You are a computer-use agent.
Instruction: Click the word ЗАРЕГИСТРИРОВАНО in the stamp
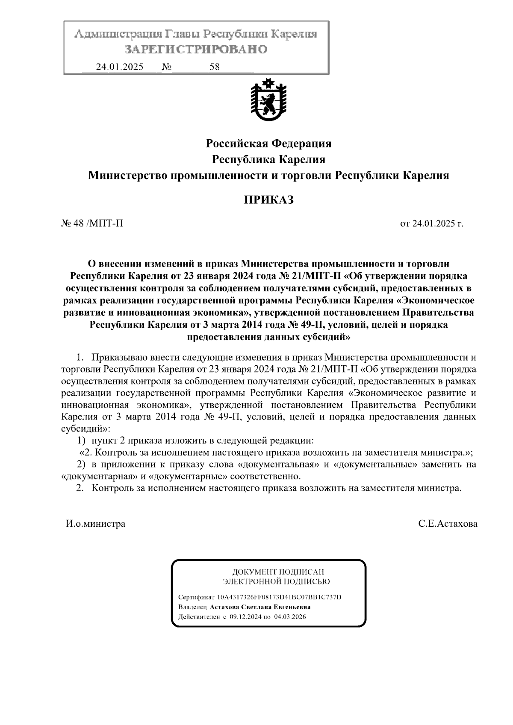(196, 50)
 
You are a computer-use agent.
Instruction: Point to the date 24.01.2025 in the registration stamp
(120, 67)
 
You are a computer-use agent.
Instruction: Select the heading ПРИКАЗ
(268, 200)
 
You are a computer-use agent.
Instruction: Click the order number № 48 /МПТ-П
(92, 223)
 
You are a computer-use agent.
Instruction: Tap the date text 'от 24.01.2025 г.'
(432, 223)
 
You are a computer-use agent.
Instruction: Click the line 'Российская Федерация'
(268, 143)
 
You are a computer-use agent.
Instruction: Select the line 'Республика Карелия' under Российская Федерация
(268, 159)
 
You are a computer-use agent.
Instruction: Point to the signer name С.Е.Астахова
(448, 524)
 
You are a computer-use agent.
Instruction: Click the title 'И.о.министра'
(95, 524)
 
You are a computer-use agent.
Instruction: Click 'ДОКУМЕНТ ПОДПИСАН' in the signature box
(278, 572)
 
